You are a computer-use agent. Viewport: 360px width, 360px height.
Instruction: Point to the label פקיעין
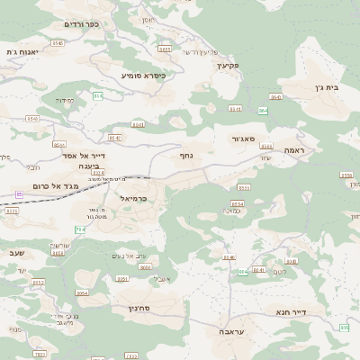[x=228, y=65]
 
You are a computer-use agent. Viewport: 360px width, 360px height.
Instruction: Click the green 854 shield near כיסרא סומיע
[x=97, y=95]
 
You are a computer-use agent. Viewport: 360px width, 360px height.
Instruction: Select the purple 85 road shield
[x=19, y=193]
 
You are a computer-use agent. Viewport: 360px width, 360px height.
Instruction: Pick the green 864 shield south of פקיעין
[x=263, y=111]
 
